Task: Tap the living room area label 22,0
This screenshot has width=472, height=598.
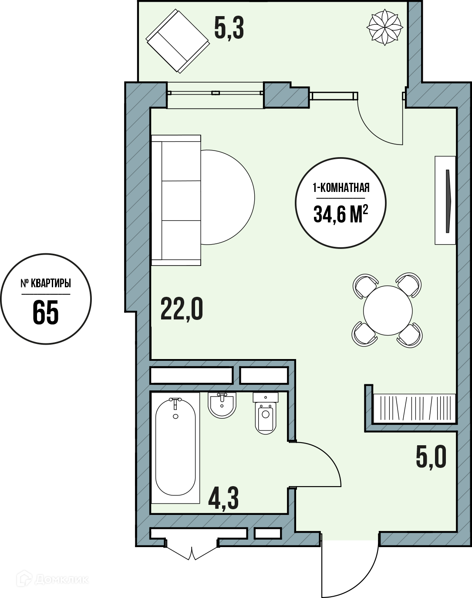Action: [x=182, y=309]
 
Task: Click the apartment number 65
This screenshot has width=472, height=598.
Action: [x=46, y=312]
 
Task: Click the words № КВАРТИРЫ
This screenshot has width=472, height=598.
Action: [x=46, y=283]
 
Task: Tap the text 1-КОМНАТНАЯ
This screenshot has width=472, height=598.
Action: [x=341, y=188]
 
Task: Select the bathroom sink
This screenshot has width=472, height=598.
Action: [x=222, y=405]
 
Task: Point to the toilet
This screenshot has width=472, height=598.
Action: [x=266, y=413]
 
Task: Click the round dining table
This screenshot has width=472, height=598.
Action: [x=388, y=310]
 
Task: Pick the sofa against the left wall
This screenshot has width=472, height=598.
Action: [x=176, y=200]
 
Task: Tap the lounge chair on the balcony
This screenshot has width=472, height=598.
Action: [x=178, y=41]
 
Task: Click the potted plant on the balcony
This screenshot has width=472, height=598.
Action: [x=385, y=27]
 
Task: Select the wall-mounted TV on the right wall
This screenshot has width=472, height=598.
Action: [x=445, y=200]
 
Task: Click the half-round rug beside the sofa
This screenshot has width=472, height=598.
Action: [x=227, y=197]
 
